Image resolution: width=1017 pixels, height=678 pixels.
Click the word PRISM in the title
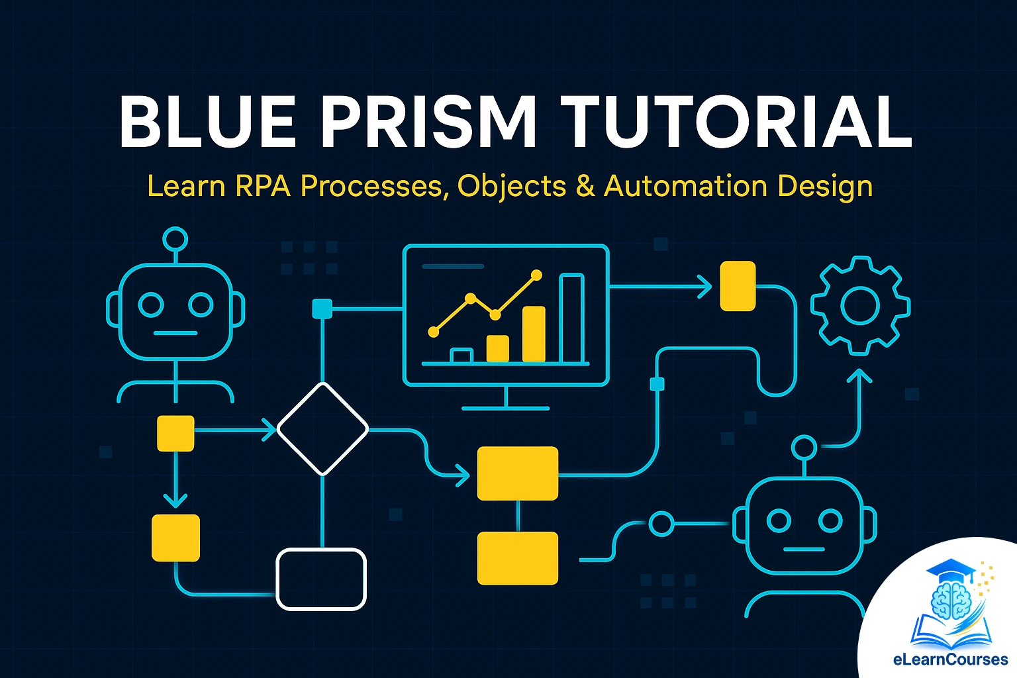point(428,123)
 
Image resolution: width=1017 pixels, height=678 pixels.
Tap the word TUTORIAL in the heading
point(736,123)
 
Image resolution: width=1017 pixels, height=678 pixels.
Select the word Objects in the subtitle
point(512,186)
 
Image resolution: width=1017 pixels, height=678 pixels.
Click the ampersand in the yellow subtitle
point(585,186)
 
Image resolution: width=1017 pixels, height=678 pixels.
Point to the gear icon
point(860,306)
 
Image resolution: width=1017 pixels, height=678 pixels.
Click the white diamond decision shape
point(322,429)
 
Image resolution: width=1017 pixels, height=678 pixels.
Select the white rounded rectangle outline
point(321,579)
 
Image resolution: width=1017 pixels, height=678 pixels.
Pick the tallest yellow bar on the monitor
point(534,334)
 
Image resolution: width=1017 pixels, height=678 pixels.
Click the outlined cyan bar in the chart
point(572,318)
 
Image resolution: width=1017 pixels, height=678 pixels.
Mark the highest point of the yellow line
point(536,275)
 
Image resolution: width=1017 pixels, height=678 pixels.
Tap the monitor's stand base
point(505,408)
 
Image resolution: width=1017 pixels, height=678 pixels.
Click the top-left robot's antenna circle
point(175,240)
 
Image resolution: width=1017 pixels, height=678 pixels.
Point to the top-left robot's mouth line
point(175,333)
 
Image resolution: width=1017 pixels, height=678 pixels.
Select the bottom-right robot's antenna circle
point(804,448)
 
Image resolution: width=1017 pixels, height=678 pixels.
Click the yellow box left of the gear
point(738,286)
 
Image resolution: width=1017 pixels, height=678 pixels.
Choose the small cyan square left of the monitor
point(322,309)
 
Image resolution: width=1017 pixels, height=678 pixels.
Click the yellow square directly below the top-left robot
point(175,434)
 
